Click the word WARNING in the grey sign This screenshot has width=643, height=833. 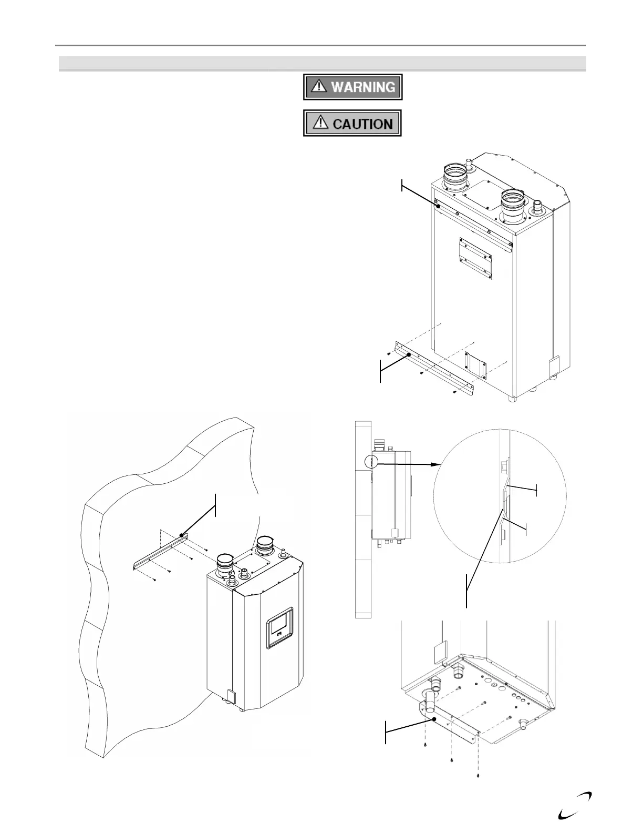tap(363, 87)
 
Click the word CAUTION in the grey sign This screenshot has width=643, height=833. tap(363, 124)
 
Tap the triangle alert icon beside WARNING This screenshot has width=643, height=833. tap(318, 87)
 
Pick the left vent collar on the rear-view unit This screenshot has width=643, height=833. tap(454, 177)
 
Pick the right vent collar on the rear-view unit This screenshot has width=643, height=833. tap(512, 205)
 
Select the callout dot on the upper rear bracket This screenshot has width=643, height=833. tap(438, 206)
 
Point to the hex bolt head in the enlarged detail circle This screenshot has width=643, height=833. tap(504, 466)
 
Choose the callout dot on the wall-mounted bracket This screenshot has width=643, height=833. tap(181, 535)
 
